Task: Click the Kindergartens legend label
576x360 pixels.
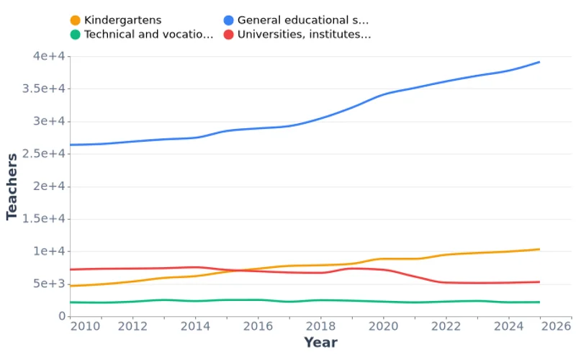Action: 122,20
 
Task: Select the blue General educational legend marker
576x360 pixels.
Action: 228,20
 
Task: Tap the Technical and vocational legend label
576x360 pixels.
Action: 148,34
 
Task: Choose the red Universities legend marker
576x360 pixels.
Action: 228,34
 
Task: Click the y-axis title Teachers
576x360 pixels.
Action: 12,186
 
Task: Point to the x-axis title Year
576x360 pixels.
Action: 320,343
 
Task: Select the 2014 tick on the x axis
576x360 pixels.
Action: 194,326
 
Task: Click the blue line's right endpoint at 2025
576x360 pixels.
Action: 539,62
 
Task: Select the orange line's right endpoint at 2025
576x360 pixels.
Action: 539,249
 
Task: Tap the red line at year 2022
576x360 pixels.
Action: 446,282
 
